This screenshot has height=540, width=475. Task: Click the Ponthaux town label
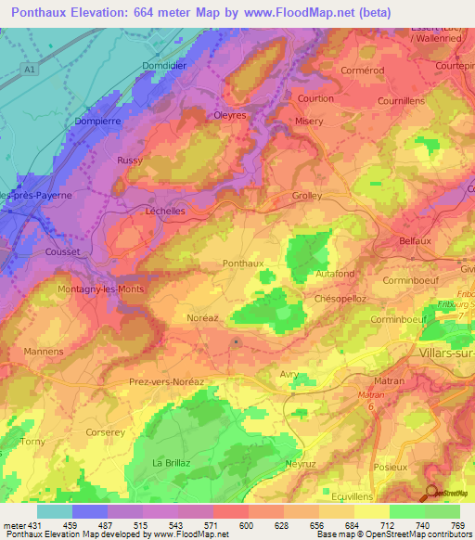(x=244, y=264)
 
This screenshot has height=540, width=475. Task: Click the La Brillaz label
(x=170, y=462)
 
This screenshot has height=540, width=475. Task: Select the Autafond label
(x=335, y=275)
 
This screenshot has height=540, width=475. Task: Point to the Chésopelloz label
(x=343, y=299)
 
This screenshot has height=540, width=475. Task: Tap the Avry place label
(x=289, y=374)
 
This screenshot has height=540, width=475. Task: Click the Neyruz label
(x=302, y=462)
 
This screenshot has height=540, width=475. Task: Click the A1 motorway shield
(x=32, y=68)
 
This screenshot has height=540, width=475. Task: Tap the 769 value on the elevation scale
(x=458, y=525)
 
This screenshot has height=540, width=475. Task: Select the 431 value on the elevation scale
(x=26, y=525)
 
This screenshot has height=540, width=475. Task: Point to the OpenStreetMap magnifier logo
(x=432, y=493)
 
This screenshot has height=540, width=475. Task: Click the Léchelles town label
(x=166, y=211)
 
